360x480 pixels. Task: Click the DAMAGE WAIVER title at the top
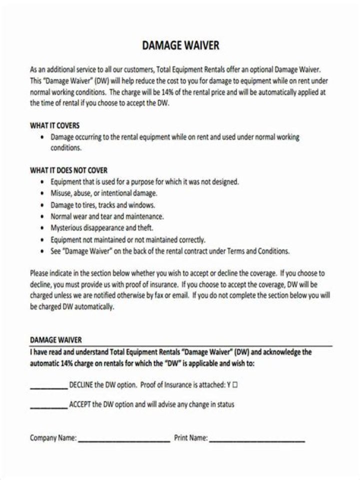click(x=180, y=45)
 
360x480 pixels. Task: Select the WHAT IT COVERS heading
click(x=54, y=125)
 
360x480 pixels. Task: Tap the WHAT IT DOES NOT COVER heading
click(x=68, y=170)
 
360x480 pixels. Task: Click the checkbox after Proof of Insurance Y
click(x=235, y=385)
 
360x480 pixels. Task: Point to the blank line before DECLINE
click(x=48, y=387)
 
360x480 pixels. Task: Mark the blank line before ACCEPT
click(x=48, y=407)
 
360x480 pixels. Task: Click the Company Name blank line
click(x=124, y=441)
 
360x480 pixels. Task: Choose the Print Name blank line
click(x=257, y=441)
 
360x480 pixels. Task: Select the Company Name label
click(x=53, y=438)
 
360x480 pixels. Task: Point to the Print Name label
click(x=190, y=438)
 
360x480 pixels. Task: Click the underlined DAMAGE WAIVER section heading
click(x=55, y=340)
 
